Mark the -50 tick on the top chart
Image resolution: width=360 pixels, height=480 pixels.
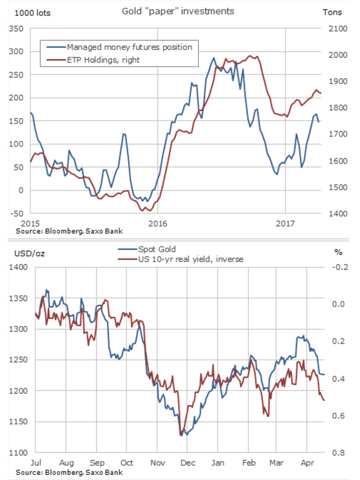click(16, 213)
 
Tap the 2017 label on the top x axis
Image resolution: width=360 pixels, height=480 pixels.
click(285, 223)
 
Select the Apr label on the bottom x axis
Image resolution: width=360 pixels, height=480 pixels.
click(306, 463)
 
